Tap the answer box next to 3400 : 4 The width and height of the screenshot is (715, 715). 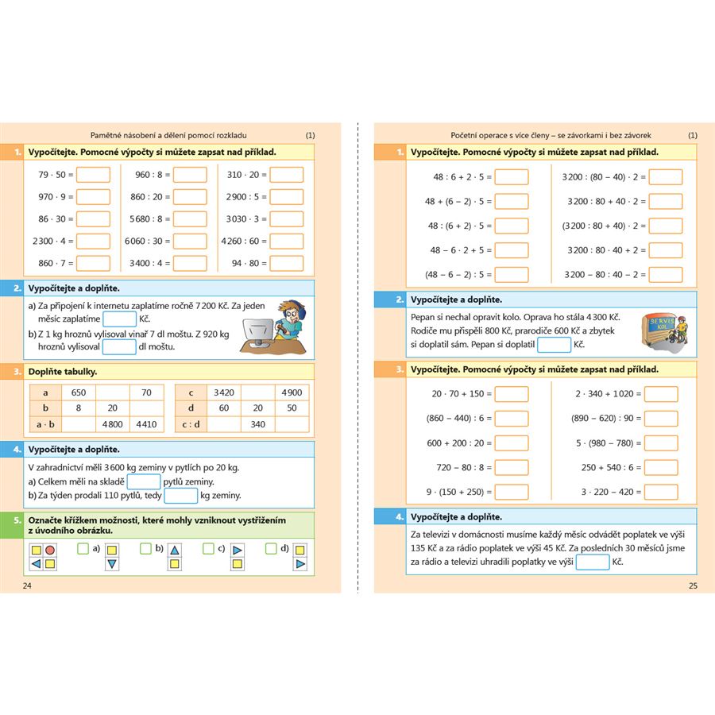(189, 263)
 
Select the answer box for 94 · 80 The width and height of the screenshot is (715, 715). (286, 263)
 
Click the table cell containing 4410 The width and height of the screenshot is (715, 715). (146, 424)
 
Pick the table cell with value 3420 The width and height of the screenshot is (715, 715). (223, 392)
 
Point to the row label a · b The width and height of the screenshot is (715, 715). (45, 424)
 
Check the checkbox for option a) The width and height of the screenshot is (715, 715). (83, 548)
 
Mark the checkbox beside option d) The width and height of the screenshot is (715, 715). (272, 548)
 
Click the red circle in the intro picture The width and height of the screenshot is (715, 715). (50, 550)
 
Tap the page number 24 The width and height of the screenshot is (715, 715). (28, 586)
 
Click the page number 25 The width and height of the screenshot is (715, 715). (692, 586)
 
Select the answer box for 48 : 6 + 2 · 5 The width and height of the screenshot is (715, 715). (512, 177)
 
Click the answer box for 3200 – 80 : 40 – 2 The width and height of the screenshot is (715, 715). (665, 275)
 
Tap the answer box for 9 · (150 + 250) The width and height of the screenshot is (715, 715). (512, 492)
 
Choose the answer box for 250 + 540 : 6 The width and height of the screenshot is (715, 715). (661, 468)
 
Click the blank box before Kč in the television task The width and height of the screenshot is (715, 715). (592, 562)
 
